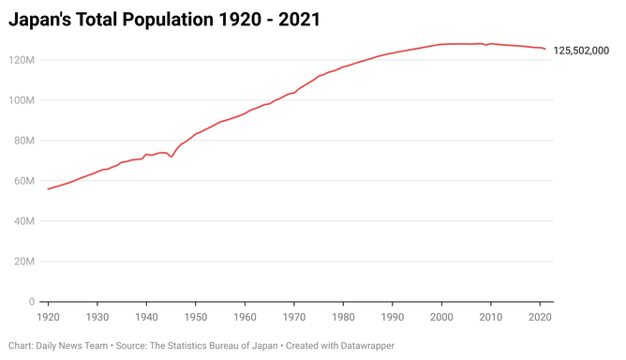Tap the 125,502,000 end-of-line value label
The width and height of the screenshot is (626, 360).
(582, 50)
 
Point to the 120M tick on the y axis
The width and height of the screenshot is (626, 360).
(22, 60)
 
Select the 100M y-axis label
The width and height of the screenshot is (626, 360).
(22, 100)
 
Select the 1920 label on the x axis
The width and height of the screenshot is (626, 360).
(48, 317)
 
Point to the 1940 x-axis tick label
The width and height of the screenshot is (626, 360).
(146, 317)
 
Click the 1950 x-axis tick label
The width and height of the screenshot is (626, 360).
(196, 317)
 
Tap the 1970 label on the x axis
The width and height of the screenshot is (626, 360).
(294, 317)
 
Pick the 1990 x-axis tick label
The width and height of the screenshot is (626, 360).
(393, 317)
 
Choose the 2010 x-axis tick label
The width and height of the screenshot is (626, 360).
(491, 317)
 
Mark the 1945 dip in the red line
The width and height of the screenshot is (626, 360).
(171, 157)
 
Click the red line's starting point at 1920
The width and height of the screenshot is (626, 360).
(48, 189)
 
